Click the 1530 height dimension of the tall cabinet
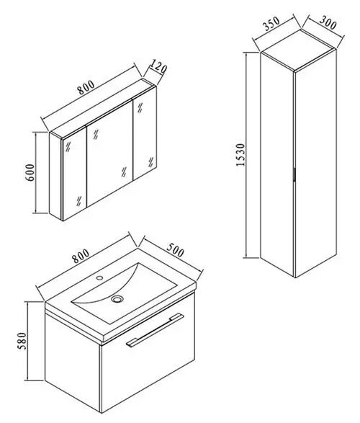[x=240, y=155]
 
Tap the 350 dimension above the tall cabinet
[x=272, y=24]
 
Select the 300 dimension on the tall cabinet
[x=328, y=22]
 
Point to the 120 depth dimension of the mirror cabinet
[x=158, y=67]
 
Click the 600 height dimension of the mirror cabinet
[x=30, y=172]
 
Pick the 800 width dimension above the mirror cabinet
[x=86, y=87]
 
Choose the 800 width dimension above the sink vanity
[x=81, y=256]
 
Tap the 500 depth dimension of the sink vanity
[x=176, y=250]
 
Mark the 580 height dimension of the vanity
[x=22, y=341]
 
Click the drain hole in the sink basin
[x=117, y=298]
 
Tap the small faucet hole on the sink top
[x=99, y=277]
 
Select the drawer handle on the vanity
[x=155, y=329]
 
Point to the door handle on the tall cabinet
[x=295, y=174]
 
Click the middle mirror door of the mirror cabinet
[x=109, y=153]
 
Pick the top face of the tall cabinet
[x=299, y=50]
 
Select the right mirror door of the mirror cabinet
[x=145, y=137]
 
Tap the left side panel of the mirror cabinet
[x=55, y=176]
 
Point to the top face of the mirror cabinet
[x=103, y=109]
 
